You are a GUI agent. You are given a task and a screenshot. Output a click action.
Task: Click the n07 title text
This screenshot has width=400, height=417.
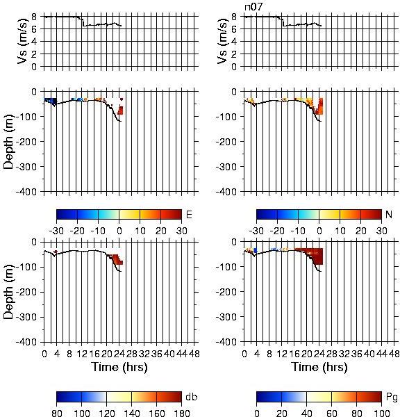pos(253,7)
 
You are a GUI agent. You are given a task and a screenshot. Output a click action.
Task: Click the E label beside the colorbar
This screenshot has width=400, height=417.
pos(189,215)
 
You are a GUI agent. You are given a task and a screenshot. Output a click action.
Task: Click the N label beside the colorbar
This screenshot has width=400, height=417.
pos(389,214)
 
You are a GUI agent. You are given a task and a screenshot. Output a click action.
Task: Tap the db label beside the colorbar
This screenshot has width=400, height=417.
pos(192,397)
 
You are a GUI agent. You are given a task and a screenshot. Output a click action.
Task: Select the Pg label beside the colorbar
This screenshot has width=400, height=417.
pos(391,398)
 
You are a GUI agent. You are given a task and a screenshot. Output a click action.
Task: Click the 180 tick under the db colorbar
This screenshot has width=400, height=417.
pos(181,413)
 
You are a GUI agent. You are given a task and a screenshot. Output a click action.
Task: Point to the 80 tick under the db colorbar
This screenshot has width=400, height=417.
pos(57,413)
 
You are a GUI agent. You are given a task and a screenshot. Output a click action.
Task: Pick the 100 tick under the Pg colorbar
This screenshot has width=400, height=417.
pos(382,413)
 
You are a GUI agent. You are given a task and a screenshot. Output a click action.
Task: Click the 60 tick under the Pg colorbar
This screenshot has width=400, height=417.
pos(332,413)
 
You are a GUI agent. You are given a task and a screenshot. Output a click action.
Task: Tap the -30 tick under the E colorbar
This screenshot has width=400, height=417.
pos(56,231)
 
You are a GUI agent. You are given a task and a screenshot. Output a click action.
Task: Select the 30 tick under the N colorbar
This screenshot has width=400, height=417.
pos(382,231)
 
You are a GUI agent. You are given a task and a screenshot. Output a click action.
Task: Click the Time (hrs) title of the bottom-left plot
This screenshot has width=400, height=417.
pos(119,367)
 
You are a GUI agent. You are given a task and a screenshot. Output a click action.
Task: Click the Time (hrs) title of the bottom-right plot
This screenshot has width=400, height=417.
pos(319,367)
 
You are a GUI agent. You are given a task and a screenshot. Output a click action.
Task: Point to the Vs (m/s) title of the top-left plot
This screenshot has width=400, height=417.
pos(23,41)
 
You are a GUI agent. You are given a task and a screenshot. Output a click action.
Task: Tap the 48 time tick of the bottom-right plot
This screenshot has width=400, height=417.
pos(394,354)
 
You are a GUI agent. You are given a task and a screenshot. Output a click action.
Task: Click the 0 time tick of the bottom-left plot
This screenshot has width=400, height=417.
pos(44,354)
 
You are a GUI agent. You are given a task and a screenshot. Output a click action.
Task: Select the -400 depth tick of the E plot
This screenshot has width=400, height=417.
pos(26,192)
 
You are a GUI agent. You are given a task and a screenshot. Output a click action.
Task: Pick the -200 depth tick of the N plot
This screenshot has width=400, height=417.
pos(226,142)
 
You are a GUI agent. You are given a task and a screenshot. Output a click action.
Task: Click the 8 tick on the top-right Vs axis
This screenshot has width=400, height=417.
pos(234,17)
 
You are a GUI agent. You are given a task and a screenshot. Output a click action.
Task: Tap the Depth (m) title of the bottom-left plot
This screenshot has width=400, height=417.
pos(9,292)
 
